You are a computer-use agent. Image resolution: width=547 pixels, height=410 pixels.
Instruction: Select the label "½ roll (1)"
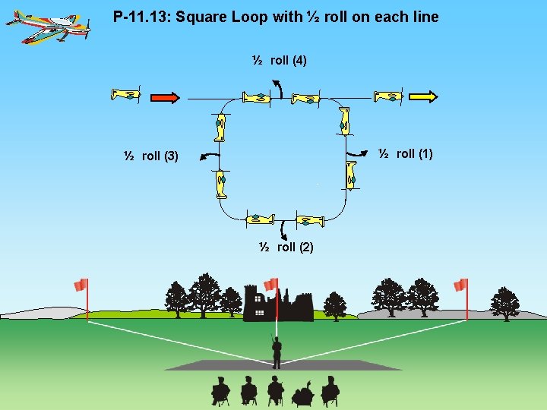coord(406,153)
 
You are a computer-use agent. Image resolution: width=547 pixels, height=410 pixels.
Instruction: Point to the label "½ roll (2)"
coord(286,247)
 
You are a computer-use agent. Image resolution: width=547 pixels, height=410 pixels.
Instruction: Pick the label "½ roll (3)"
coord(151,156)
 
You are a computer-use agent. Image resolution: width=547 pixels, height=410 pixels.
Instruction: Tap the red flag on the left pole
coord(81,285)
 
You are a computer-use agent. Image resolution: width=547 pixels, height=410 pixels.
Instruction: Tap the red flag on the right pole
coord(460,285)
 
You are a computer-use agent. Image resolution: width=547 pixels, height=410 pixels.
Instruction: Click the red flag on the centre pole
coord(270,284)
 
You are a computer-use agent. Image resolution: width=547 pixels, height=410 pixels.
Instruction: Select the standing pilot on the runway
coord(277,352)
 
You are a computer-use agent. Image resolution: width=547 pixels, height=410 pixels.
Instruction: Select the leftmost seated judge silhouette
coord(220,390)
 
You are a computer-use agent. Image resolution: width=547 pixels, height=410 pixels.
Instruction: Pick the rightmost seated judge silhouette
coord(330,390)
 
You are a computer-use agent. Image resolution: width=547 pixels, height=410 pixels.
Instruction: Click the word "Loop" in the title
coord(260,16)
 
